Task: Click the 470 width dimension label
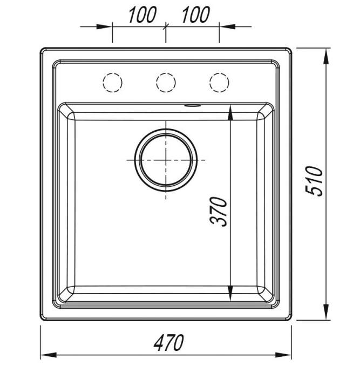tap(169, 343)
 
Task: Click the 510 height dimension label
tap(314, 181)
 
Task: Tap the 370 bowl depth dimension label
tap(219, 212)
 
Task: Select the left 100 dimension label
tap(142, 15)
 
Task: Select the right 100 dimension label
tap(195, 15)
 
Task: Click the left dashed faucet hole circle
tap(112, 83)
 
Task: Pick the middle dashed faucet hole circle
tap(166, 83)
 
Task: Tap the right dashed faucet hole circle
tap(219, 83)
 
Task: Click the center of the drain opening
tap(166, 160)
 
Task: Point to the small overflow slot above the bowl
tap(193, 106)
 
